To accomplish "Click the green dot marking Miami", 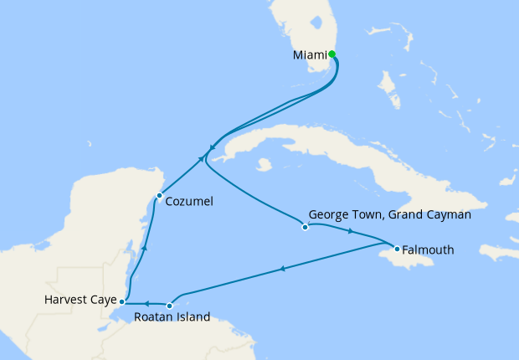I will click(x=332, y=54).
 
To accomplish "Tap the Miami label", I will click(x=310, y=55).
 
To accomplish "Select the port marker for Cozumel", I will click(x=159, y=196).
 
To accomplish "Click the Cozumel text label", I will click(x=189, y=202).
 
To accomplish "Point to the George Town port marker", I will click(x=305, y=227).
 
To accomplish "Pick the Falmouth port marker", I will click(x=396, y=249).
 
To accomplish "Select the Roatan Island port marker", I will click(x=170, y=306).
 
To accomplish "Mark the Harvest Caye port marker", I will click(x=122, y=301).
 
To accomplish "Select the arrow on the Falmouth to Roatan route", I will click(x=283, y=269).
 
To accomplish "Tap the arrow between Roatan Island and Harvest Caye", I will click(x=146, y=303).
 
